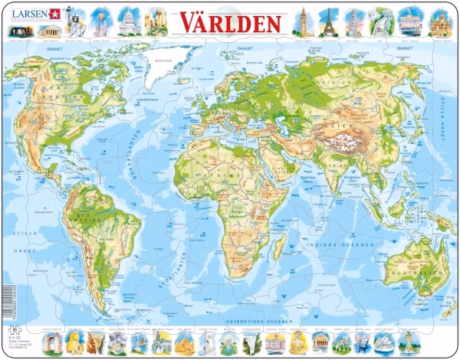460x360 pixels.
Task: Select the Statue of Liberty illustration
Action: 77,23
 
